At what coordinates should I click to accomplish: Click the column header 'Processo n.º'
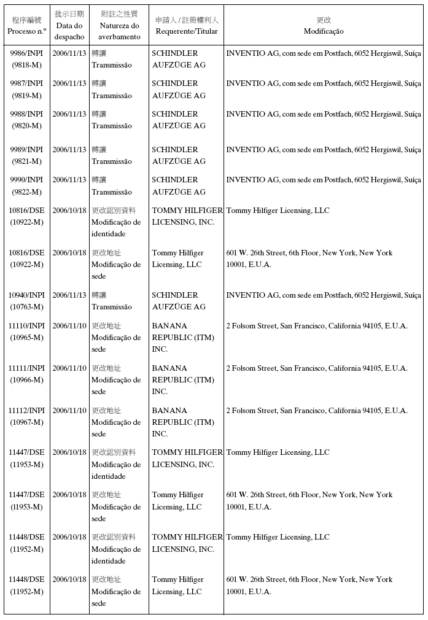click(26, 31)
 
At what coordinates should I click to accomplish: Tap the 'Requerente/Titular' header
click(187, 31)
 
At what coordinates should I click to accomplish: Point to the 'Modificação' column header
click(324, 31)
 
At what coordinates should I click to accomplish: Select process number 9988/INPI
click(26, 114)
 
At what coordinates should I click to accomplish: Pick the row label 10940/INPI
click(26, 295)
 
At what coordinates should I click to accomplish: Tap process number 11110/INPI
click(26, 326)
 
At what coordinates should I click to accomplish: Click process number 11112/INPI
click(26, 411)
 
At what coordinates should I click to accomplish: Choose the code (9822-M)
click(26, 192)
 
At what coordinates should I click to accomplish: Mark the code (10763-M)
click(26, 307)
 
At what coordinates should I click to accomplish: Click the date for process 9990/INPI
click(69, 180)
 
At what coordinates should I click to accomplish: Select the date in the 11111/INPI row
click(69, 368)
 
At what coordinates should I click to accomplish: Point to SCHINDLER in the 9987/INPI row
click(175, 83)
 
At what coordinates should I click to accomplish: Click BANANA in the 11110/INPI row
click(169, 326)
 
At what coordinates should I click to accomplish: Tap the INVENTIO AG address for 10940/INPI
click(324, 295)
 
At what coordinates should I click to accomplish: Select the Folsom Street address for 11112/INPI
click(317, 411)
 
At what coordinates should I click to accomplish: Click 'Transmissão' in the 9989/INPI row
click(112, 161)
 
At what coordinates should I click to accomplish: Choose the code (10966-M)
click(26, 380)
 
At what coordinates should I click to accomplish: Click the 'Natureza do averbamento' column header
click(119, 31)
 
